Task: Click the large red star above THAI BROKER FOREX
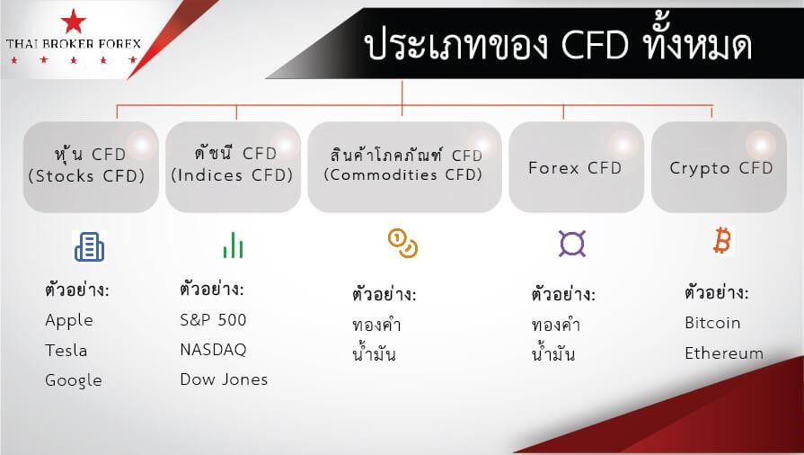click(74, 21)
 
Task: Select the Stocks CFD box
click(91, 167)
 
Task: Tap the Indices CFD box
click(233, 167)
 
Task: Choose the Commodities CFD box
click(404, 167)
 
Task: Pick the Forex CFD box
click(577, 167)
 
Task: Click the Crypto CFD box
click(719, 167)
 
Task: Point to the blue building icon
click(89, 246)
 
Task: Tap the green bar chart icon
click(233, 245)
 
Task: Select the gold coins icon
click(402, 244)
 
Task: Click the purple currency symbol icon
click(572, 244)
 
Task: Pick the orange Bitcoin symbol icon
click(722, 241)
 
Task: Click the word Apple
click(69, 321)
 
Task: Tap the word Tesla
click(66, 350)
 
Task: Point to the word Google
click(74, 380)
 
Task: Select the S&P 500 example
click(213, 320)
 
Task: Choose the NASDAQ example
click(213, 350)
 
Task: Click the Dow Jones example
click(224, 379)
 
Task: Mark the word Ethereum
click(724, 353)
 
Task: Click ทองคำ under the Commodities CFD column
click(376, 325)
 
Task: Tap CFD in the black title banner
click(595, 45)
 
